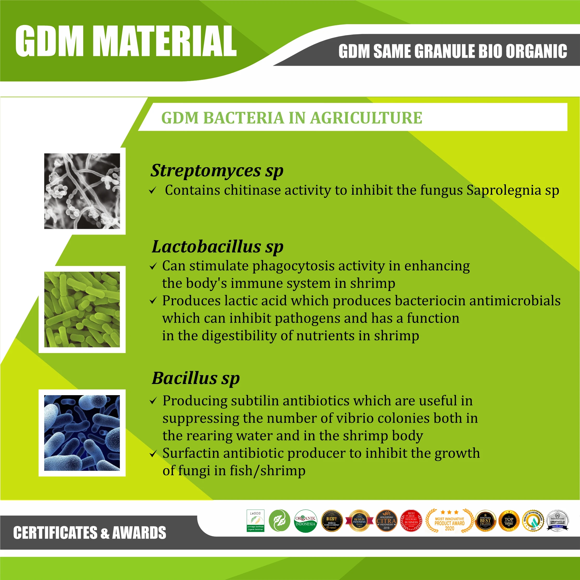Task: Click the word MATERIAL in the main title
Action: [x=167, y=41]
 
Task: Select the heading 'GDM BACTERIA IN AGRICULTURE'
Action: [x=291, y=118]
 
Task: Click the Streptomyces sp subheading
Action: [x=217, y=171]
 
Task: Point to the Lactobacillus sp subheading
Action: [x=217, y=247]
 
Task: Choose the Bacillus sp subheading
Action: [x=196, y=378]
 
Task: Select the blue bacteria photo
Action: [x=82, y=433]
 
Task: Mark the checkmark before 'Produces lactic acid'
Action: [x=153, y=301]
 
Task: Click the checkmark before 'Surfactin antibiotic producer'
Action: [x=153, y=454]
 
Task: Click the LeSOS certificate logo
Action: [x=255, y=520]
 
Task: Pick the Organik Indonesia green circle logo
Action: [x=305, y=521]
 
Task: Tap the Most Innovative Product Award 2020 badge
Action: [x=449, y=521]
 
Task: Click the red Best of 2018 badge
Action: [x=411, y=521]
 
